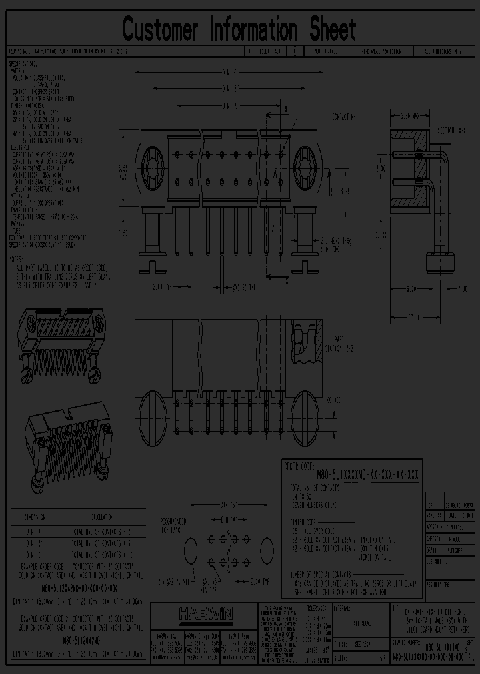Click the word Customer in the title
161,30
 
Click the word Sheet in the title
331,30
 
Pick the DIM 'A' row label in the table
35,531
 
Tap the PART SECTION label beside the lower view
339,343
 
